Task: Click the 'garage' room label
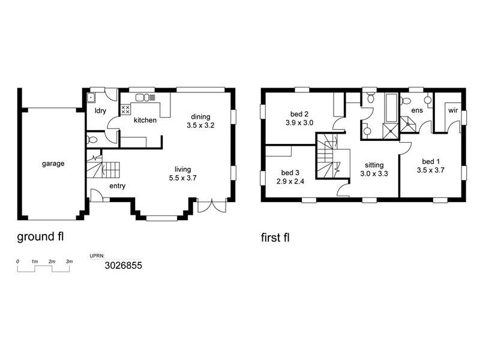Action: point(53,163)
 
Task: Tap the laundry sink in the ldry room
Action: point(92,97)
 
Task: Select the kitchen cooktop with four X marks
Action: point(127,110)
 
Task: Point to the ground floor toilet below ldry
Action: point(91,139)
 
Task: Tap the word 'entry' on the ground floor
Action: point(117,186)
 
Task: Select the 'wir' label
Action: point(452,111)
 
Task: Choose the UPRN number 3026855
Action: point(124,265)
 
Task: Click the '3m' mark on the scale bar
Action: point(69,262)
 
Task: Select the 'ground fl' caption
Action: point(40,236)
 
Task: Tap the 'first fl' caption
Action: point(275,238)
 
